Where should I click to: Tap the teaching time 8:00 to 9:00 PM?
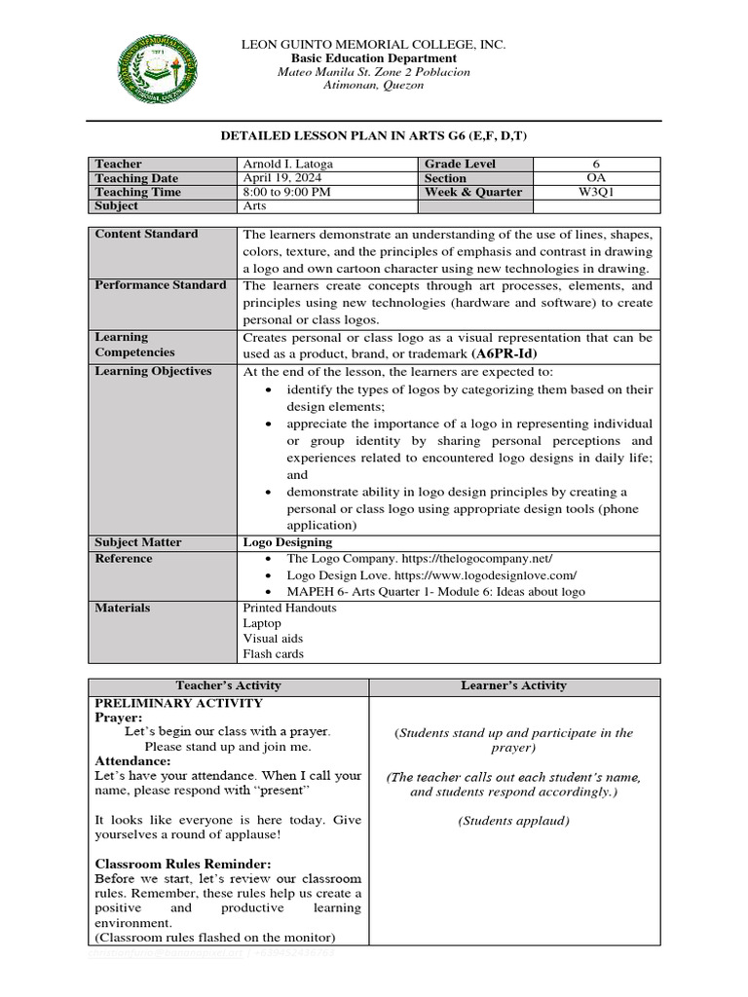click(287, 192)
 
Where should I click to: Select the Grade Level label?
click(459, 165)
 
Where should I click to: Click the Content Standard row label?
click(146, 234)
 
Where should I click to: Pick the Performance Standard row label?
click(160, 285)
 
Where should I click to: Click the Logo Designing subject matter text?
click(287, 542)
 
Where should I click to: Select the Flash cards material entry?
click(273, 654)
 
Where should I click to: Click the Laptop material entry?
click(262, 623)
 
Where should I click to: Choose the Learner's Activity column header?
click(514, 686)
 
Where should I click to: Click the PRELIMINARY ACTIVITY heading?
click(178, 702)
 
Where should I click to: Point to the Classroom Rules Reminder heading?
click(183, 864)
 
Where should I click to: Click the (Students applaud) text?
click(514, 821)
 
